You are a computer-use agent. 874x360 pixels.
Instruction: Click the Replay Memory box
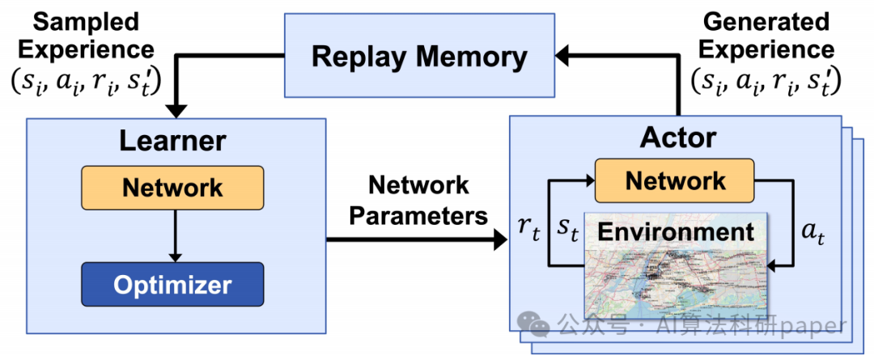[420, 55]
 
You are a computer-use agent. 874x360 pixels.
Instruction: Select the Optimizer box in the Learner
[172, 284]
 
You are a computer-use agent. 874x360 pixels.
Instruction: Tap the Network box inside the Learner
[172, 188]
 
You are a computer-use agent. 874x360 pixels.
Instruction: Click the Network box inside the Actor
[674, 180]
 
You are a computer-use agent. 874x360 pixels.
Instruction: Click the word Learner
[172, 142]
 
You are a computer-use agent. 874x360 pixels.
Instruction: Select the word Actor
[678, 137]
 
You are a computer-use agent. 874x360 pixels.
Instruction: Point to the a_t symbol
[812, 235]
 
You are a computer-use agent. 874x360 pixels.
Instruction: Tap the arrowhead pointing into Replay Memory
[562, 55]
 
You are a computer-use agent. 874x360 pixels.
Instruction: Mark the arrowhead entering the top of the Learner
[177, 111]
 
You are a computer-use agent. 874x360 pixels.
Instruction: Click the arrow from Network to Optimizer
[175, 236]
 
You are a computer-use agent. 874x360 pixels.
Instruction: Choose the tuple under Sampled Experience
[87, 82]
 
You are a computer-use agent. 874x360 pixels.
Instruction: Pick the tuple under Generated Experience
[766, 82]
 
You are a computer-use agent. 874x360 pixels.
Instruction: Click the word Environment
[676, 232]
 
